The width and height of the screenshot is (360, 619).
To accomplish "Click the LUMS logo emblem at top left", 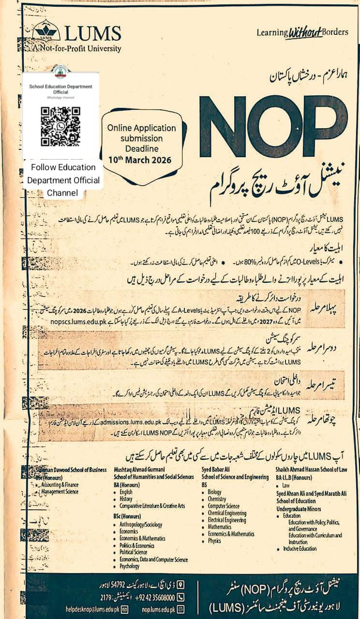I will click(x=46, y=30).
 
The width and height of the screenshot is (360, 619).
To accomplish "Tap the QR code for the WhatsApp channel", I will click(x=60, y=126).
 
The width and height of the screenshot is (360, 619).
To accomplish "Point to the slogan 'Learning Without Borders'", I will click(x=302, y=32).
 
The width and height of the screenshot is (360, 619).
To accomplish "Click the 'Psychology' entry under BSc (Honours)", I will click(x=130, y=566).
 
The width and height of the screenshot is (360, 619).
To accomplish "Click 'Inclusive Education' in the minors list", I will click(x=300, y=549).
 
